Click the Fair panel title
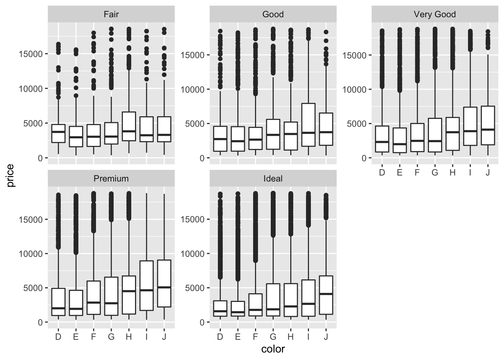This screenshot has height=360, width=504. pyautogui.click(x=111, y=15)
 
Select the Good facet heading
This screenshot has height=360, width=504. pyautogui.click(x=273, y=15)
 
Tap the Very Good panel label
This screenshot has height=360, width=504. pyautogui.click(x=435, y=15)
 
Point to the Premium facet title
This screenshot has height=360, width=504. pyautogui.click(x=111, y=179)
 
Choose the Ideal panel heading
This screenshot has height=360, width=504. pyautogui.click(x=273, y=179)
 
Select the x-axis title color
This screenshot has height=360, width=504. pyautogui.click(x=273, y=349)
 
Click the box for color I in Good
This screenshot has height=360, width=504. pyautogui.click(x=308, y=124)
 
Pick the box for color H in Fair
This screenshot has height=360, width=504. pyautogui.click(x=129, y=126)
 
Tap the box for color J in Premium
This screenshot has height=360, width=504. pyautogui.click(x=164, y=283)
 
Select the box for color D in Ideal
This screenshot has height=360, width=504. pyautogui.click(x=220, y=309)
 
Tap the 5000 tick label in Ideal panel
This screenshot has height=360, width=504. pyautogui.click(x=195, y=288)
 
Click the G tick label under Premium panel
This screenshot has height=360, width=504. pyautogui.click(x=111, y=337)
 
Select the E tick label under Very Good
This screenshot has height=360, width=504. pyautogui.click(x=399, y=172)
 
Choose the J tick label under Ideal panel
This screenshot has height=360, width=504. pyautogui.click(x=326, y=337)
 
